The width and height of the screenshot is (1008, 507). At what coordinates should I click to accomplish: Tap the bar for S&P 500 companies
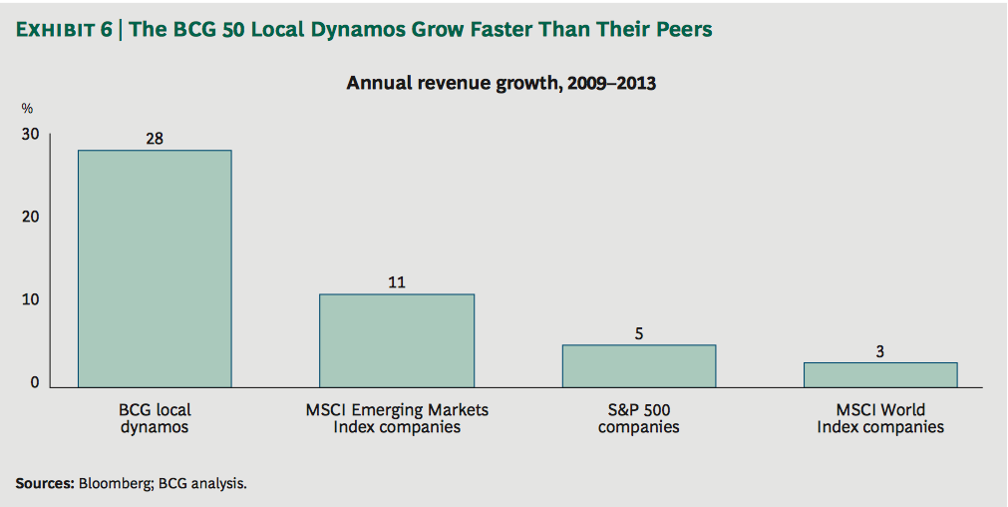click(x=639, y=365)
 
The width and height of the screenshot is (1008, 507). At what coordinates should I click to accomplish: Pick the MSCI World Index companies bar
click(x=880, y=374)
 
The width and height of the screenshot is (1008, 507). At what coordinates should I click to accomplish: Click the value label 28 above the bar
click(x=155, y=139)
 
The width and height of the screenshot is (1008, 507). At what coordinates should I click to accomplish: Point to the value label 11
click(x=397, y=282)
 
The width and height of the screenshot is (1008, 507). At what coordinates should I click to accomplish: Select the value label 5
click(x=639, y=333)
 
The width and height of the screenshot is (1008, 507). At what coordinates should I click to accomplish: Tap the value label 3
click(x=880, y=351)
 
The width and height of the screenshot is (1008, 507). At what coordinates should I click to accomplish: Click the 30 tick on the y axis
click(x=32, y=135)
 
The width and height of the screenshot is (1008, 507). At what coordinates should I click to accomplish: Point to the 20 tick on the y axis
click(x=32, y=218)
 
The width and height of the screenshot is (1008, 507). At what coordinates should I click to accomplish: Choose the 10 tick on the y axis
click(x=32, y=300)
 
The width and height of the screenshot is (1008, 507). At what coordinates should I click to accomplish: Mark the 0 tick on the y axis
click(x=36, y=383)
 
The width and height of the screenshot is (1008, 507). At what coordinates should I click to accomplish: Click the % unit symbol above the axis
click(x=27, y=109)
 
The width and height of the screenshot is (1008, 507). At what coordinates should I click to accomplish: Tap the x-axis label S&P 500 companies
click(x=639, y=418)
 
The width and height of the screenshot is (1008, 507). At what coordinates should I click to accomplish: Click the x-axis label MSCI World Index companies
click(x=880, y=418)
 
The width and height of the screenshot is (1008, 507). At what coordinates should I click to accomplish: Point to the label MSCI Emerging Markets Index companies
click(x=397, y=418)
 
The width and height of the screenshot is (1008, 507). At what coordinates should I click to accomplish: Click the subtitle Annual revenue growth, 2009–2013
click(x=501, y=83)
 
